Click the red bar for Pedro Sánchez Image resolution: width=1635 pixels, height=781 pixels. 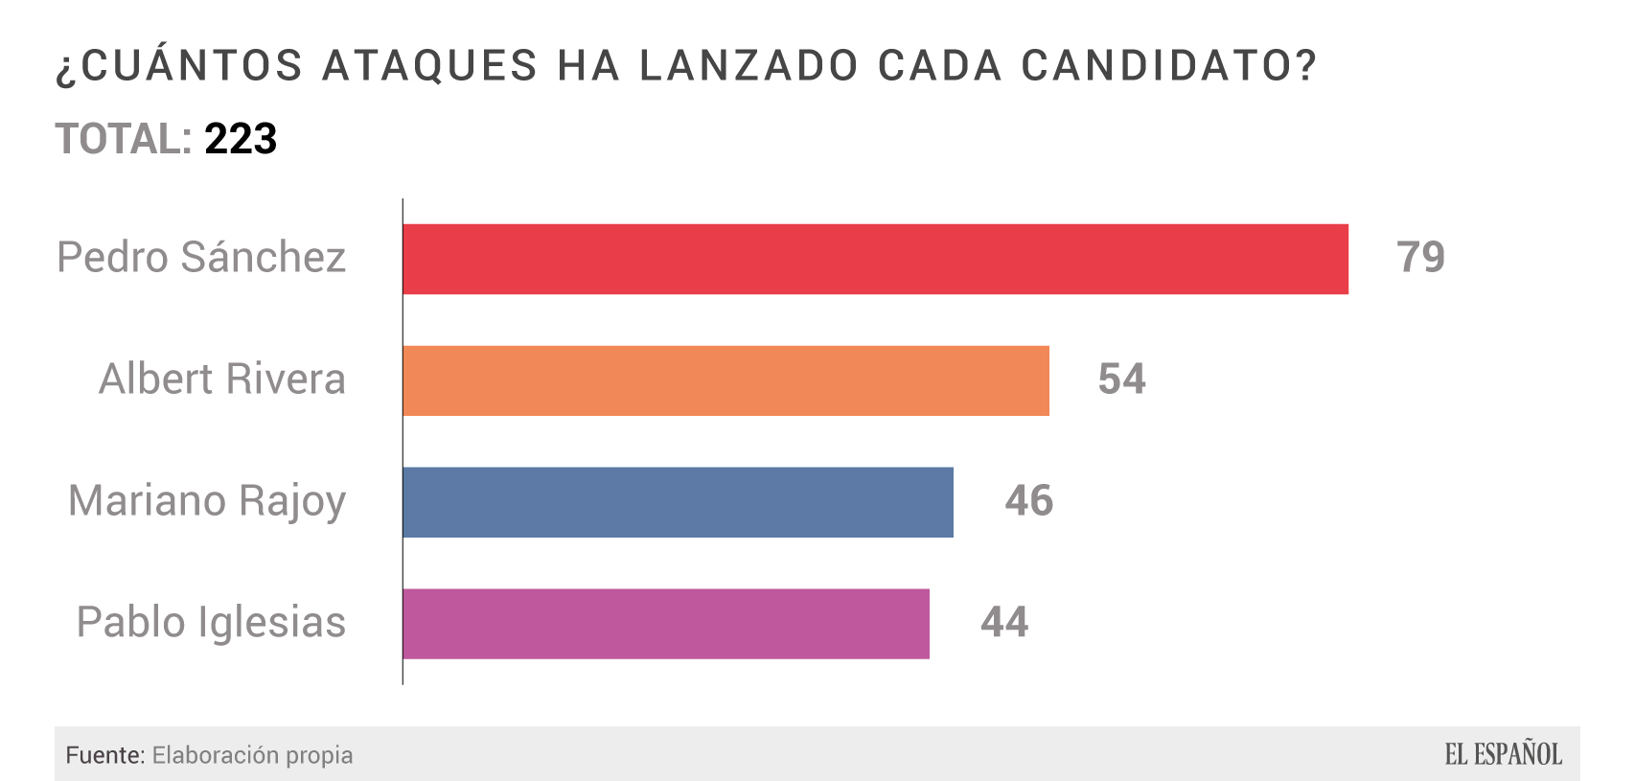[x=875, y=259]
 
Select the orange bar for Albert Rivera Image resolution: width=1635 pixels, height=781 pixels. [x=725, y=380]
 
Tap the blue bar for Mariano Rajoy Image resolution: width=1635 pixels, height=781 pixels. [x=678, y=502]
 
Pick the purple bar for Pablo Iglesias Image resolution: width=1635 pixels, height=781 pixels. [x=666, y=624]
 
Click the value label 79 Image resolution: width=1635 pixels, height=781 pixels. [x=1420, y=257]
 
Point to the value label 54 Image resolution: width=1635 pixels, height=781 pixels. [x=1121, y=379]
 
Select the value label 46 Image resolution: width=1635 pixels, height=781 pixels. [x=1028, y=500]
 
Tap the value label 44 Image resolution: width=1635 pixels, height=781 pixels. [x=1003, y=622]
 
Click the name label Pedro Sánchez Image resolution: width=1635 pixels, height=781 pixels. [x=201, y=257]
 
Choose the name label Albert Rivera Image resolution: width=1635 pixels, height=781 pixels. [x=221, y=379]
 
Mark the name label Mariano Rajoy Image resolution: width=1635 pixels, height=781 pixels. [x=207, y=501]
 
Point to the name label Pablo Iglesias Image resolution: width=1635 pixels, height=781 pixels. [x=211, y=623]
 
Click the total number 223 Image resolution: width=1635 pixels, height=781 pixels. [x=241, y=139]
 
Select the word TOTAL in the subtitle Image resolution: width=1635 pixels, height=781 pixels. [x=123, y=139]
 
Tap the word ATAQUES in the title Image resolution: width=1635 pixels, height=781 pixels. [x=429, y=66]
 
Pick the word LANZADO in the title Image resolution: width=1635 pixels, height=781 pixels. [x=748, y=66]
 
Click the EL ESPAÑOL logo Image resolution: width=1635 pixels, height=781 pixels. [x=1503, y=754]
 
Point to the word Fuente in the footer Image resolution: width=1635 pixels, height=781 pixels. [x=104, y=755]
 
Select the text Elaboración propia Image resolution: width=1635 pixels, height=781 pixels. [x=252, y=755]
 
